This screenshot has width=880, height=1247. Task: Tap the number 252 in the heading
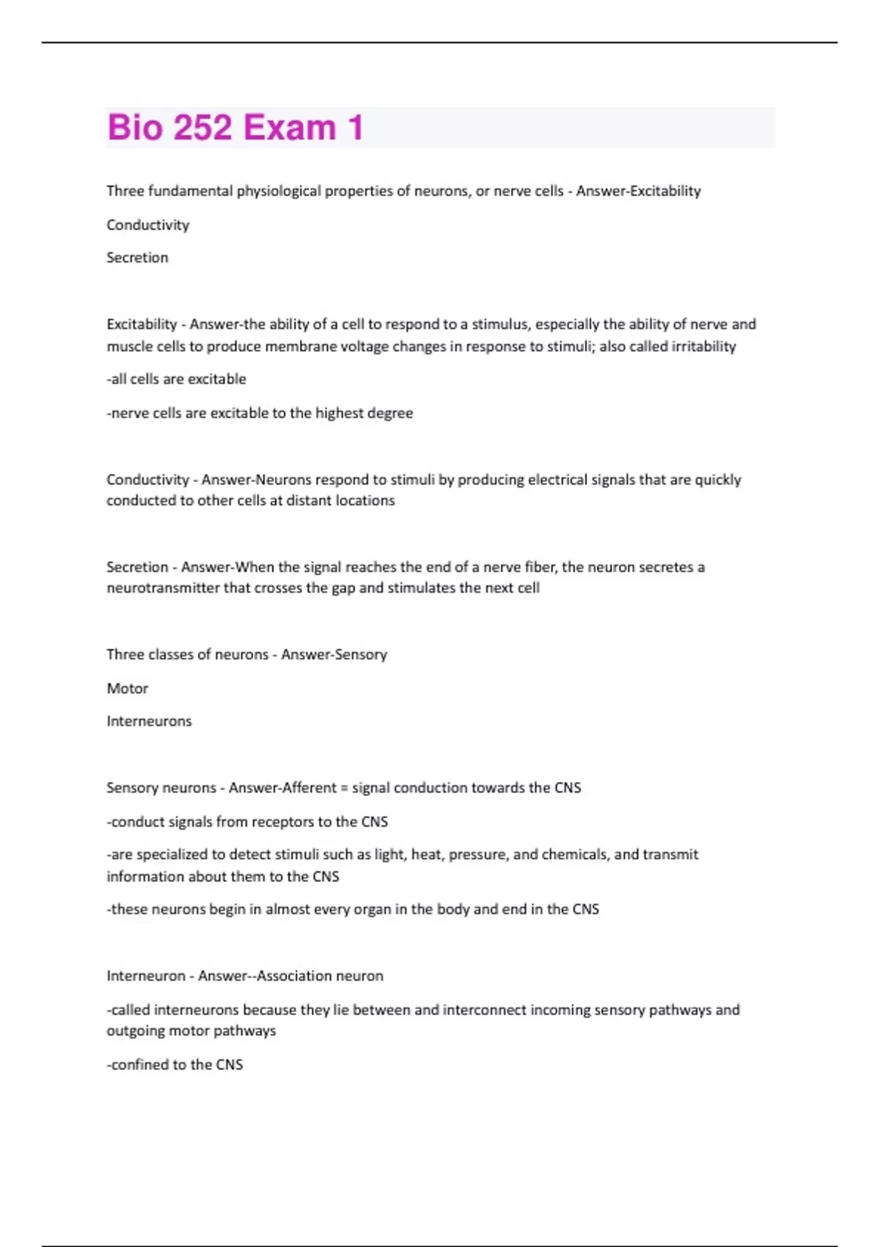[x=203, y=128]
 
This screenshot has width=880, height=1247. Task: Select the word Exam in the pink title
[x=290, y=128]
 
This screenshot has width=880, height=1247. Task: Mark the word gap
[x=343, y=589]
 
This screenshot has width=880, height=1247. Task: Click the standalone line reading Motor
[x=127, y=689]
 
